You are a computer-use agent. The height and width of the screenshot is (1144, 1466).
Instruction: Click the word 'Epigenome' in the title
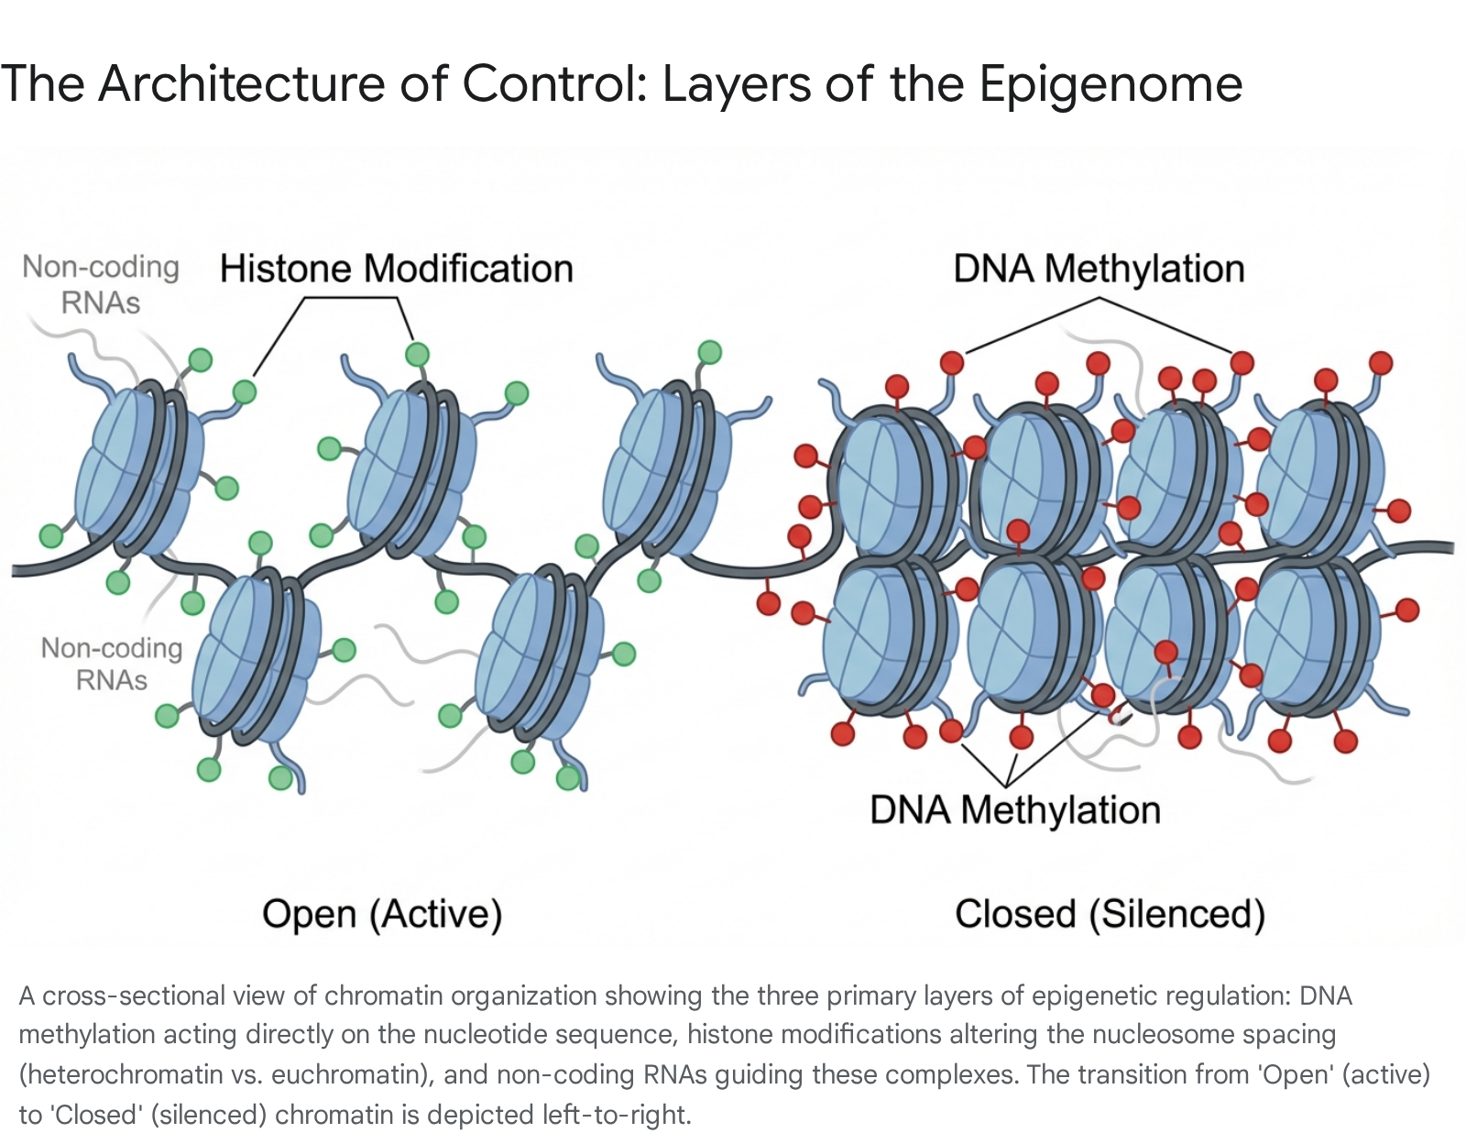(1110, 84)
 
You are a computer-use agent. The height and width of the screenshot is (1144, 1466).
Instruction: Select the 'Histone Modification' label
(396, 269)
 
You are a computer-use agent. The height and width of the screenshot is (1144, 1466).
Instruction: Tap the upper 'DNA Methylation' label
(1099, 269)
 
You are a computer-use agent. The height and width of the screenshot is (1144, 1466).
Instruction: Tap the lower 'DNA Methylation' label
(1015, 810)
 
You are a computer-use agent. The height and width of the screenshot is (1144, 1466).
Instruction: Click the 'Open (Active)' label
(382, 914)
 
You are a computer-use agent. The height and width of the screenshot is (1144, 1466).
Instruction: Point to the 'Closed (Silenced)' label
(1110, 914)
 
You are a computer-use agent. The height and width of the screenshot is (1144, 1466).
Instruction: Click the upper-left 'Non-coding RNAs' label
(100, 284)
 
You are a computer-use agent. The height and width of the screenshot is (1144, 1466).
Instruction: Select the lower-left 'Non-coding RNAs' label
(111, 664)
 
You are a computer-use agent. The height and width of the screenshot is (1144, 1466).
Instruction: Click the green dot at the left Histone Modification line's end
(244, 392)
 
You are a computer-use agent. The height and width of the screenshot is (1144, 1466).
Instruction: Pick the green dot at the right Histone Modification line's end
(417, 354)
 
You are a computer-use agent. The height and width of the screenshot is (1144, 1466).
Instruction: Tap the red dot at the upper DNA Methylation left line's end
(952, 363)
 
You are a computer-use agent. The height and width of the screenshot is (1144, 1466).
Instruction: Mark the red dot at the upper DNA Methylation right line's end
(1242, 362)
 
